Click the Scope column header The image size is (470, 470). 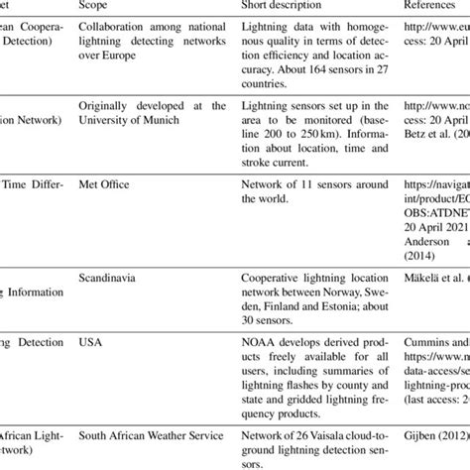(95, 6)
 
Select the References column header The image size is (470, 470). (432, 6)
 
